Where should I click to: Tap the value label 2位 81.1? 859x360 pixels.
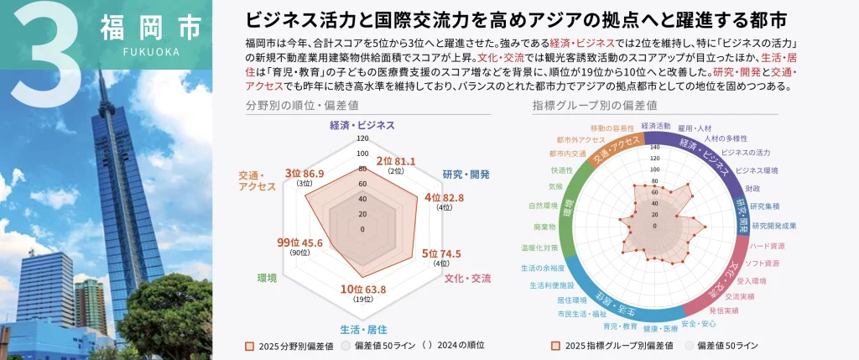pyautogui.click(x=395, y=160)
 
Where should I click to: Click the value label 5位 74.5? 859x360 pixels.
pyautogui.click(x=441, y=253)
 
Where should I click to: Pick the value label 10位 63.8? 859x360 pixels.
pyautogui.click(x=363, y=290)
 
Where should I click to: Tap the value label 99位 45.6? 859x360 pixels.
pyautogui.click(x=300, y=243)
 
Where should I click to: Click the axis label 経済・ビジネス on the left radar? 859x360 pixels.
pyautogui.click(x=362, y=125)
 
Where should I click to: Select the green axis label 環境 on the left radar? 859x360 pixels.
pyautogui.click(x=267, y=278)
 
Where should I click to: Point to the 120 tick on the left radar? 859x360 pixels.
pyautogui.click(x=362, y=138)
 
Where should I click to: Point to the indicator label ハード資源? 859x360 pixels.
pyautogui.click(x=768, y=246)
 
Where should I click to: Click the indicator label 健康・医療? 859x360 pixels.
pyautogui.click(x=659, y=328)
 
